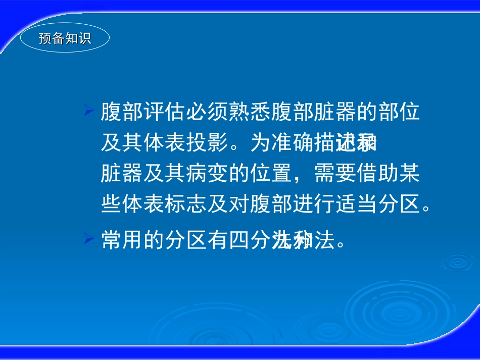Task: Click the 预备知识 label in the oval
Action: (x=65, y=39)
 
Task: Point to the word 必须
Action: (x=207, y=113)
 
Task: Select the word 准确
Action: (x=293, y=143)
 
